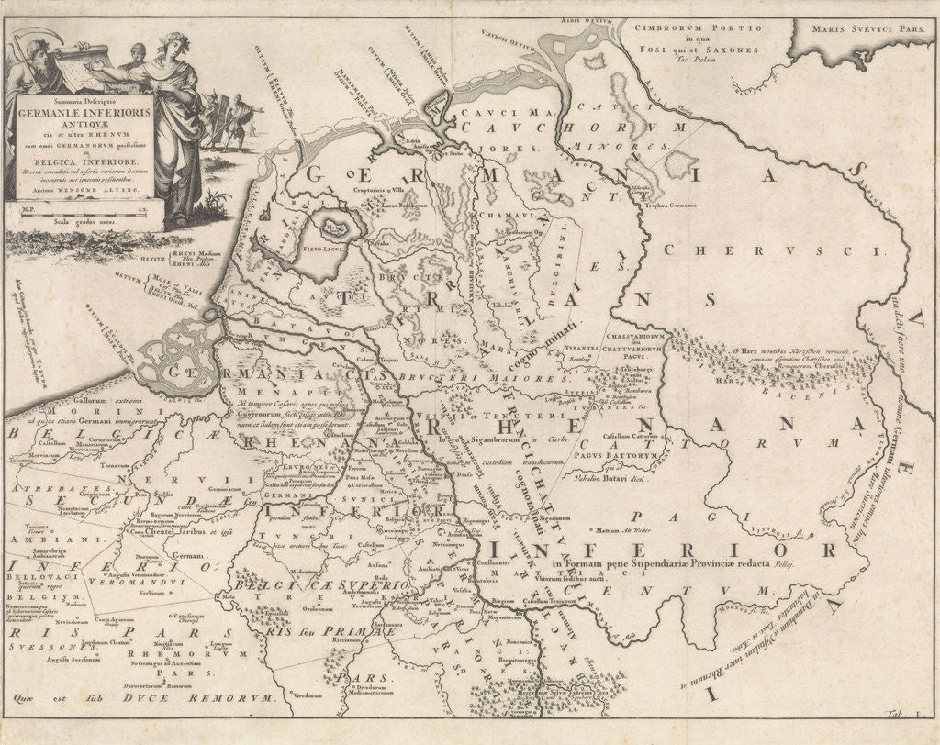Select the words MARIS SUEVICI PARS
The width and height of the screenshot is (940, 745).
click(857, 28)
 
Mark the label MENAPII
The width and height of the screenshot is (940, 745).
click(265, 388)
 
